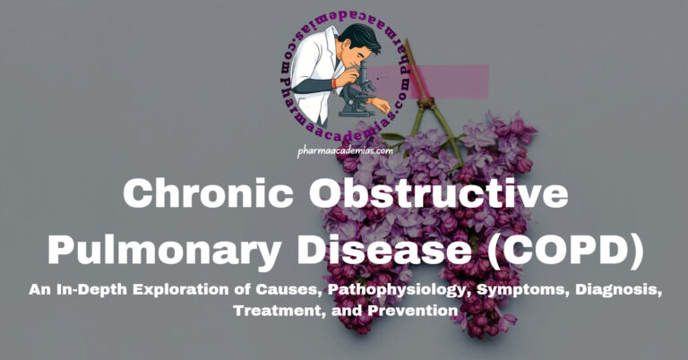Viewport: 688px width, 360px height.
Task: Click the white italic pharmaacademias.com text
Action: click(x=344, y=152)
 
